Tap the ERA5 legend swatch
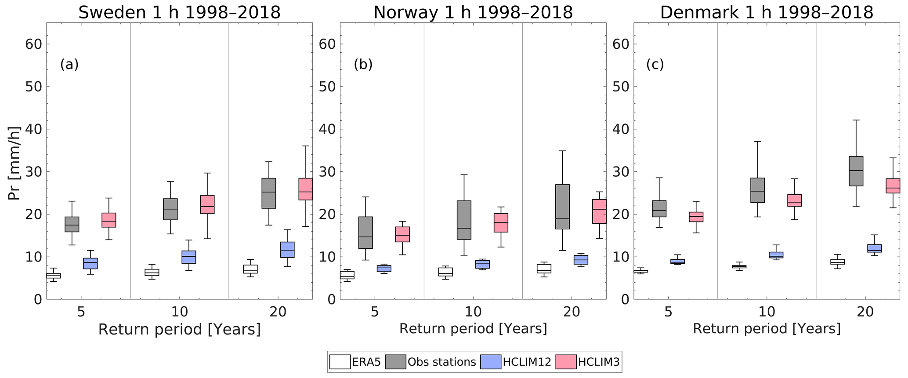pos(340,362)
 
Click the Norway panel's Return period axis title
pos(473,329)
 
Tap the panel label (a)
pos(69,65)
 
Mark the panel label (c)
pos(655,65)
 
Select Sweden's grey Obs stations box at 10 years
pos(170,209)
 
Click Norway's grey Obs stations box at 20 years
pos(562,207)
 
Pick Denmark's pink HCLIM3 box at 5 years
pos(696,217)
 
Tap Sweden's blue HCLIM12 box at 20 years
pos(287,250)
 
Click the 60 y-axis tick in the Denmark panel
pos(620,44)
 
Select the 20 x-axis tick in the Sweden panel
pos(278,312)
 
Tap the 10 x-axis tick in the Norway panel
pos(473,312)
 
